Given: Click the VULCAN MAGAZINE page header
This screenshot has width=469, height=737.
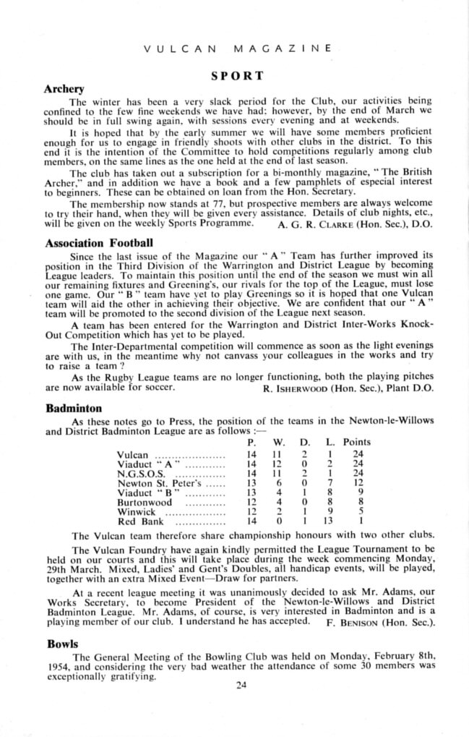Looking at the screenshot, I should (x=238, y=49).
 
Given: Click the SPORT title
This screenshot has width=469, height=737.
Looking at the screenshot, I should (x=237, y=75).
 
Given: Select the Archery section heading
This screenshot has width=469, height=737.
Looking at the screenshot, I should (x=65, y=89).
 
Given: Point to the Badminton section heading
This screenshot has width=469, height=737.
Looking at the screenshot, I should (x=72, y=408).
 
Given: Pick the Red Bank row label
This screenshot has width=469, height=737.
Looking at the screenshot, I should (x=134, y=521).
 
